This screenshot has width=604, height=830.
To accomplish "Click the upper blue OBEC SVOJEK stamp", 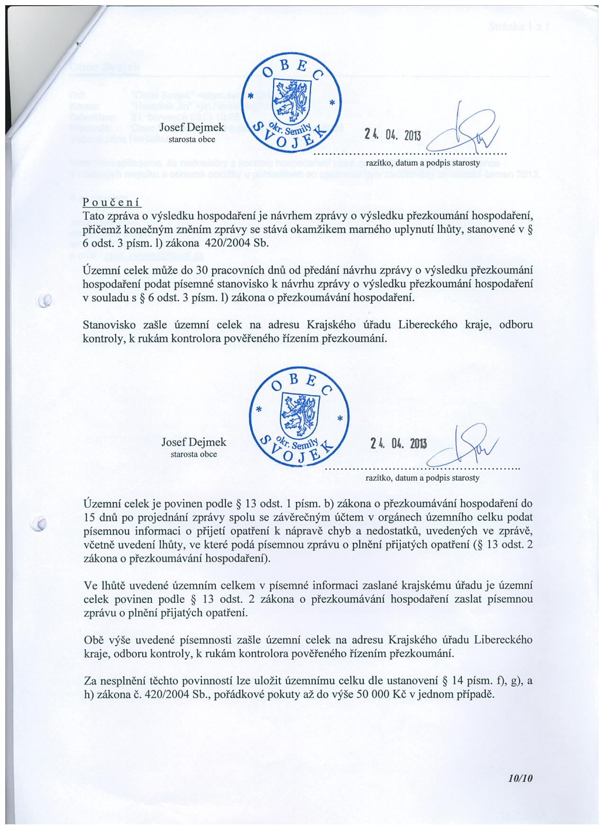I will click(x=293, y=102).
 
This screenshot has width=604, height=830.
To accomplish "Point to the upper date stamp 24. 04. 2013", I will click(x=392, y=135).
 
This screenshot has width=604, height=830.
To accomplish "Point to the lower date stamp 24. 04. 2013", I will click(x=399, y=444).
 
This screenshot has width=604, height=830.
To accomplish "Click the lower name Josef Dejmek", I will click(x=194, y=442).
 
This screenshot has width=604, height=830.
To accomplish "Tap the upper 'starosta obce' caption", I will click(x=192, y=140).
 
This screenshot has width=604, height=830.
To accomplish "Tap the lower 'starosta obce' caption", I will click(x=194, y=454).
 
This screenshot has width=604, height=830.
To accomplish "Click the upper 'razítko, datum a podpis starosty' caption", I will click(x=423, y=162).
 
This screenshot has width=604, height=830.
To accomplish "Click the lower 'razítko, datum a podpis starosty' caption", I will click(x=423, y=478).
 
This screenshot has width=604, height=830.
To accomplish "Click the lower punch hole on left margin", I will click(x=40, y=523).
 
